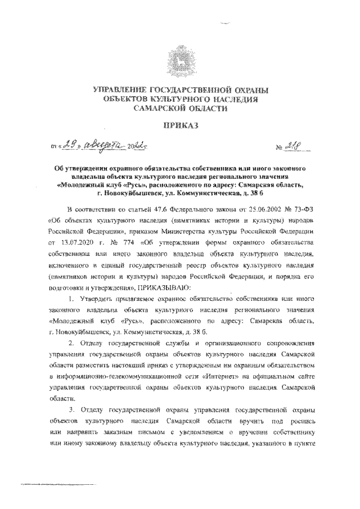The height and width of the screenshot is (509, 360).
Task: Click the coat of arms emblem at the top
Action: click(181, 60)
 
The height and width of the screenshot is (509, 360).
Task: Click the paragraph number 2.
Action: click(69, 343)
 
